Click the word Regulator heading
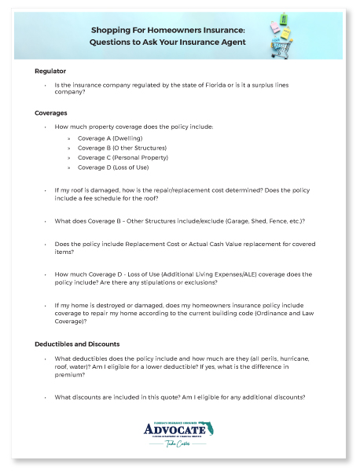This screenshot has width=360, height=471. coord(50,72)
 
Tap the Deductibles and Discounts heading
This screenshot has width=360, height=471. coord(77,344)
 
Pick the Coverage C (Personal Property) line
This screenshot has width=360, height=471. coord(121,157)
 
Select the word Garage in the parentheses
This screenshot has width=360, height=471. coord(237,221)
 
